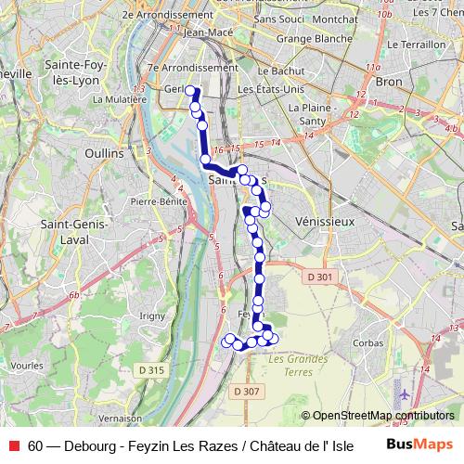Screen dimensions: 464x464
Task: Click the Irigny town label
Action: click(x=149, y=316)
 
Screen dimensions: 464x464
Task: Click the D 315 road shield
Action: click(x=154, y=370)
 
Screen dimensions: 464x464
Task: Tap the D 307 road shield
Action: click(x=247, y=391)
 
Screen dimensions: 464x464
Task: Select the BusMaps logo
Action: click(x=419, y=445)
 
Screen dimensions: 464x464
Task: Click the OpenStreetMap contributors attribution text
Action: click(x=382, y=416)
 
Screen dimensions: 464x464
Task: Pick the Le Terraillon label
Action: click(x=416, y=45)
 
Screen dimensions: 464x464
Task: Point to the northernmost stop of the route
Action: click(x=190, y=91)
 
